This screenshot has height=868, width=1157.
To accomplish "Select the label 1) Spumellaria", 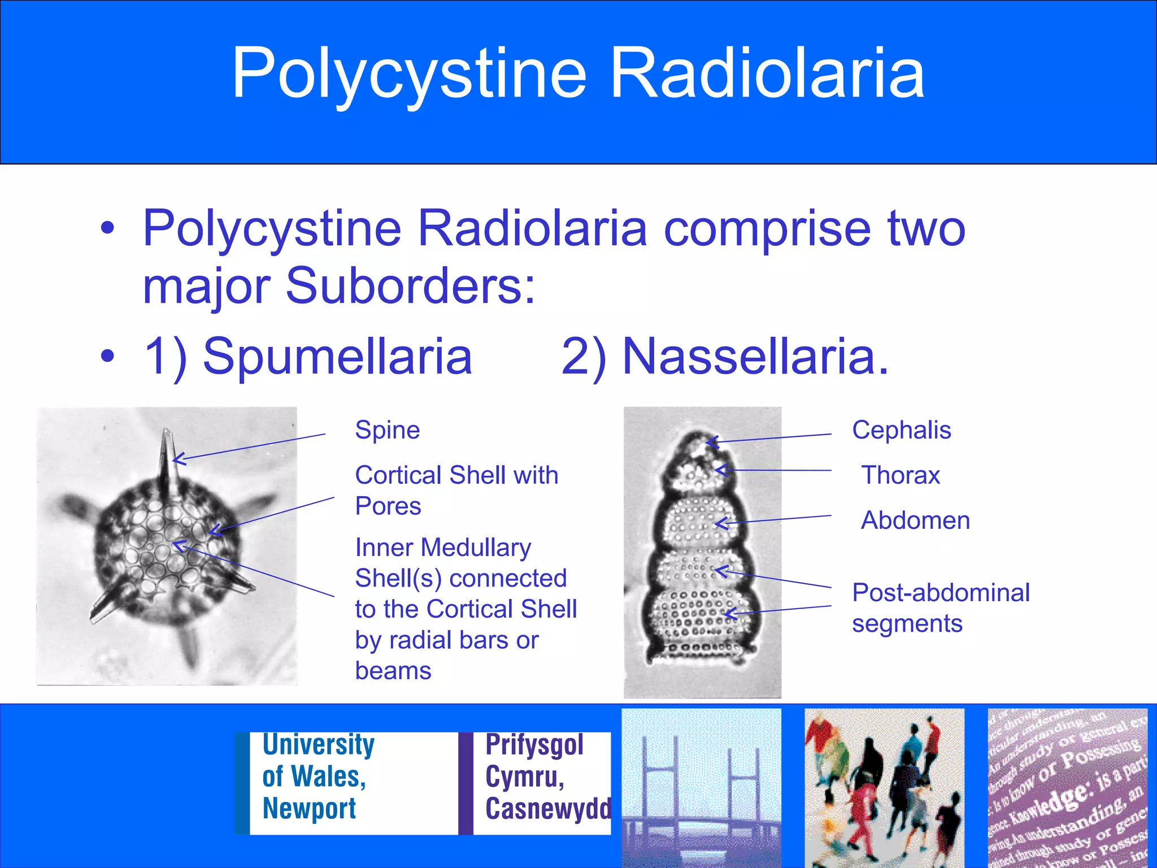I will [308, 356].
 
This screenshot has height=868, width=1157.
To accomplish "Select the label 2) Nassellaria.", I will [725, 356].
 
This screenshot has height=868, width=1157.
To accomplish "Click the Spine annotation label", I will [388, 430].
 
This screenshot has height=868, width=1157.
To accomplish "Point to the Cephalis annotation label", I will [901, 430].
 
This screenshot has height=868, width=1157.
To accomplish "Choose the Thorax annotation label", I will [901, 475].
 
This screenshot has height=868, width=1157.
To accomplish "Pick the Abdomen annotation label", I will [915, 520].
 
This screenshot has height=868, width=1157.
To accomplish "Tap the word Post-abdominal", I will [941, 593].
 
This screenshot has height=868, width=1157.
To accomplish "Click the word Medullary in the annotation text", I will [476, 548].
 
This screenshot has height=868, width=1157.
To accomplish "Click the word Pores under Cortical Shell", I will [388, 506].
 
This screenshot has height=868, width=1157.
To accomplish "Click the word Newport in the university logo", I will [309, 808].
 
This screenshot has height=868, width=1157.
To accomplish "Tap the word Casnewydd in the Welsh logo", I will [547, 808].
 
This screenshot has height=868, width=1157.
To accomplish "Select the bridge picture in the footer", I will [701, 788].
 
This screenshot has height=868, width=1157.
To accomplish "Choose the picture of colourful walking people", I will [884, 788].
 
